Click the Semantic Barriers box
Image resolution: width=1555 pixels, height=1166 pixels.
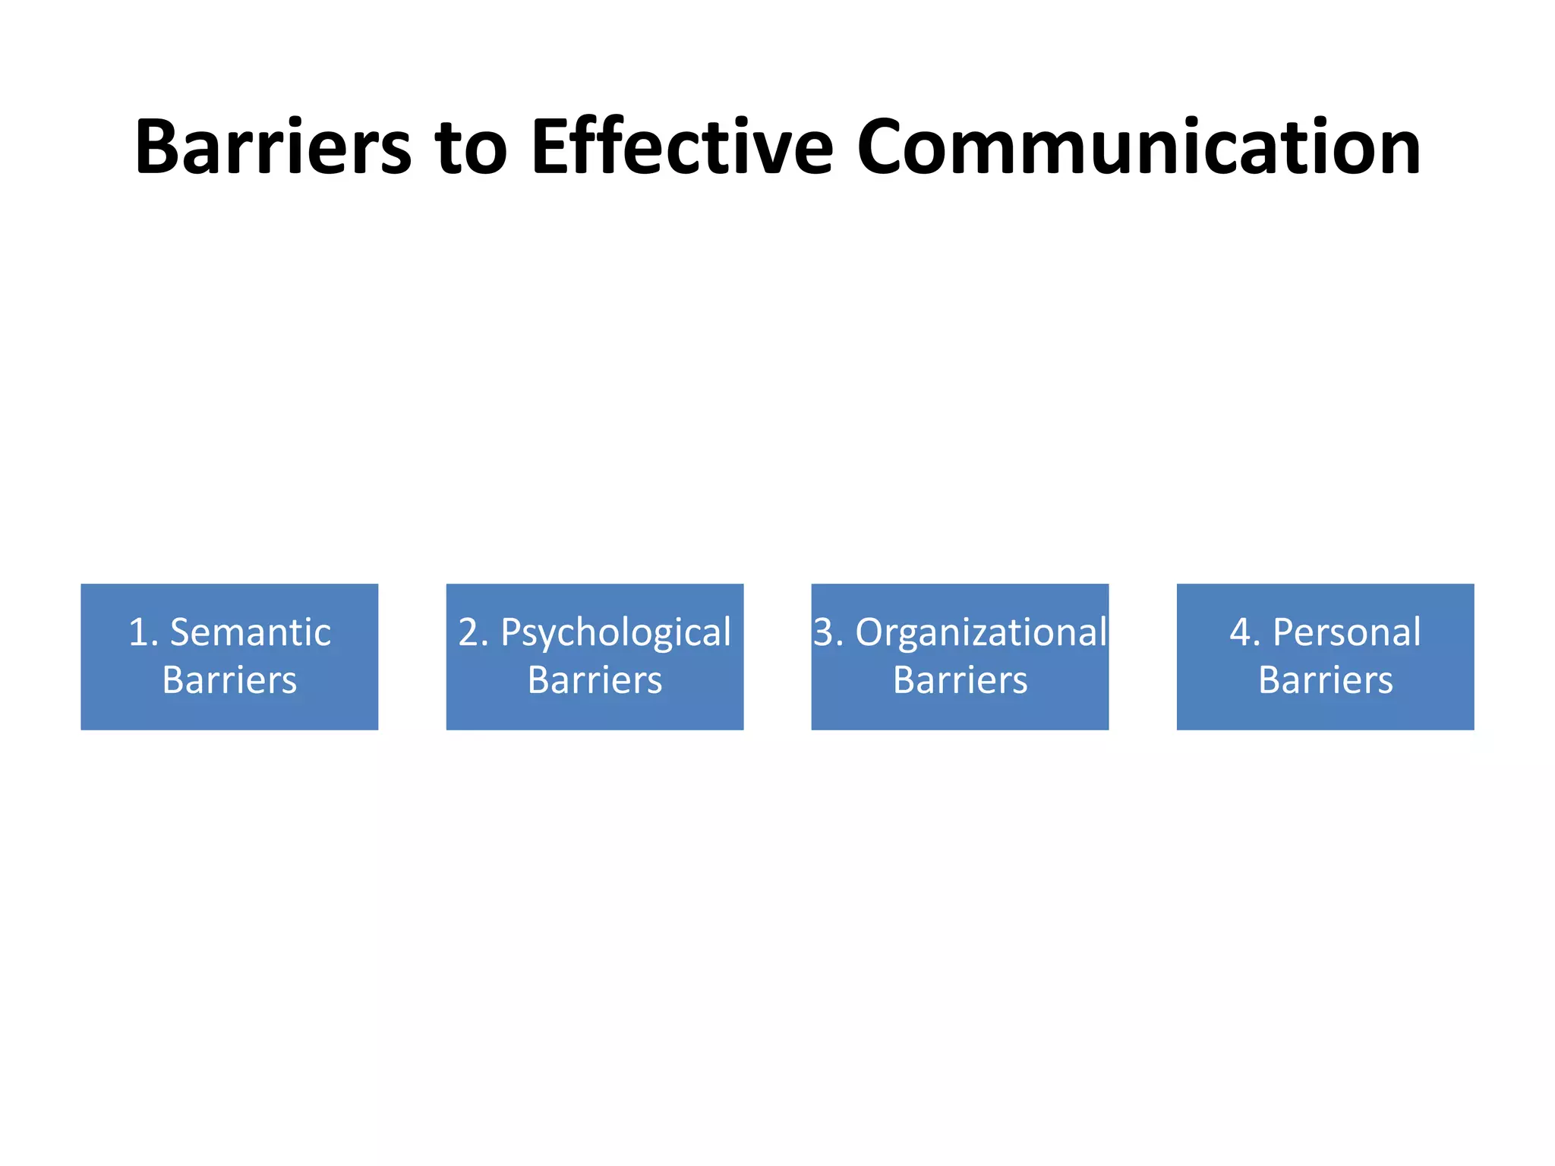(229, 657)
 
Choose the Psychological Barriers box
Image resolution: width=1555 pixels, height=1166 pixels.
(595, 657)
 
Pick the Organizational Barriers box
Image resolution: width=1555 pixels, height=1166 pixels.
(960, 657)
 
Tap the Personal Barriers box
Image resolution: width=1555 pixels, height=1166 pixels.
(1325, 657)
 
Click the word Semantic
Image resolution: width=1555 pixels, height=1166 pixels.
(251, 632)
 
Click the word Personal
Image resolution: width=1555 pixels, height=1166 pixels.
(1346, 632)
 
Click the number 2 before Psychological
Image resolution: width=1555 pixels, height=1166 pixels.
(468, 632)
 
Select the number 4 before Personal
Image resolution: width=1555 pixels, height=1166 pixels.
(1241, 632)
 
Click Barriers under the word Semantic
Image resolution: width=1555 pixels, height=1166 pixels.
(229, 680)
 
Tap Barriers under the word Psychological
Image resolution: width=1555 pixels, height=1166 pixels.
(595, 680)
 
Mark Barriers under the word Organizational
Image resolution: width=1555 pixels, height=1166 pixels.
(960, 680)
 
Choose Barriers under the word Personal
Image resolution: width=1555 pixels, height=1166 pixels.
(1325, 680)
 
